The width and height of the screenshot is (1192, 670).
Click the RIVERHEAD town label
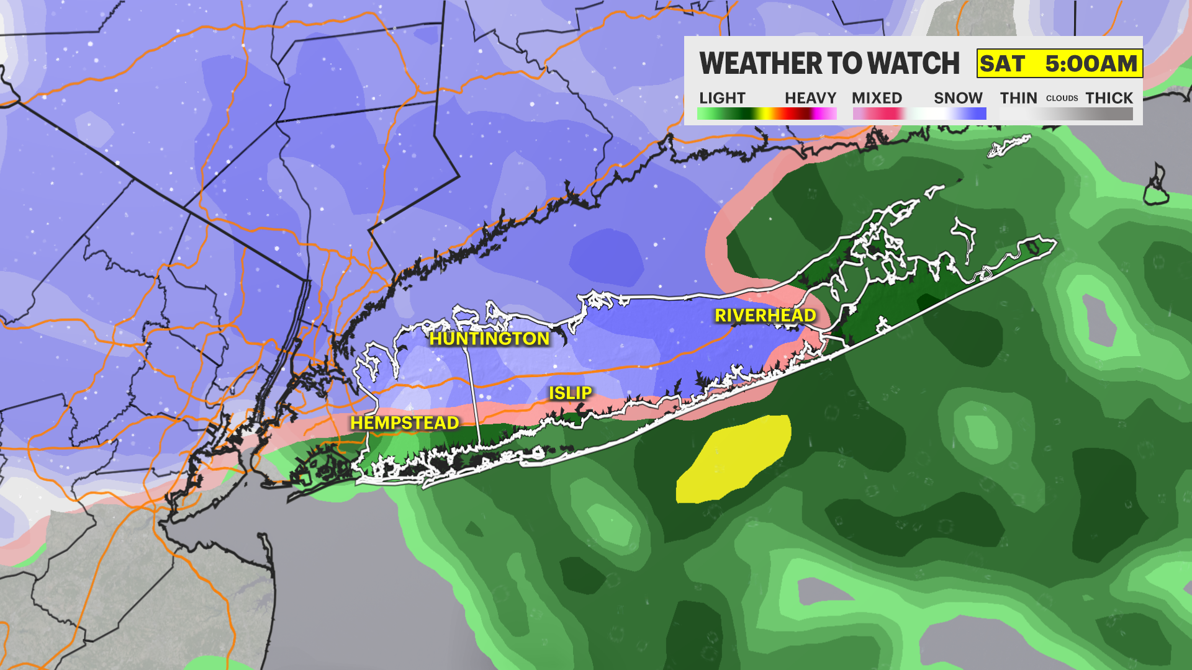click(x=765, y=316)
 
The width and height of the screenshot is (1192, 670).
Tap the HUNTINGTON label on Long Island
click(x=489, y=339)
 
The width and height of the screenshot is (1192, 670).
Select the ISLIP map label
click(x=570, y=393)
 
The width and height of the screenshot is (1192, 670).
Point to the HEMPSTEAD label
click(x=404, y=423)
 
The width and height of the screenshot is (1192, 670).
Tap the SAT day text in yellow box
click(x=1002, y=64)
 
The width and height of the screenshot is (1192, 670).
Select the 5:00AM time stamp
click(x=1091, y=64)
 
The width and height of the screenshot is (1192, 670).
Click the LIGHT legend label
click(x=721, y=98)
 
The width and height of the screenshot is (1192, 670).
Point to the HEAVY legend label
click(x=810, y=98)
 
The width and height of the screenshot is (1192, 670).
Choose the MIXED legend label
click(x=877, y=98)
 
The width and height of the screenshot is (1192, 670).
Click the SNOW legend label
click(x=958, y=98)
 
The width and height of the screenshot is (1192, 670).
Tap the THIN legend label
click(x=1018, y=98)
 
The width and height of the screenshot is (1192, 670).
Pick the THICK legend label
click(x=1109, y=98)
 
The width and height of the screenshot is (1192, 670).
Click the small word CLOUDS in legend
click(x=1062, y=99)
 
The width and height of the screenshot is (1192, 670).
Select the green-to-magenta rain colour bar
click(x=767, y=114)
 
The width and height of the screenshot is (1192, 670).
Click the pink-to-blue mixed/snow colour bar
click(x=919, y=114)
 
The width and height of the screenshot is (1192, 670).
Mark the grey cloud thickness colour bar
click(x=1066, y=114)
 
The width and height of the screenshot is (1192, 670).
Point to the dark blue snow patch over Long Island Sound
click(x=607, y=257)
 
